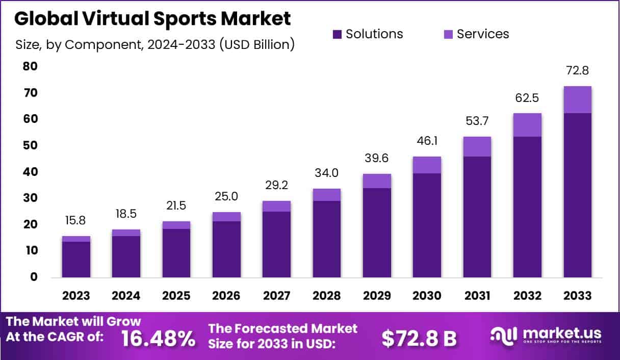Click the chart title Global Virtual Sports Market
tap(152, 18)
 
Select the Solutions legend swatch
tap(337, 34)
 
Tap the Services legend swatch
tap(448, 34)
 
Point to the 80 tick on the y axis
tap(30, 66)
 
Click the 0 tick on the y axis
tap(34, 277)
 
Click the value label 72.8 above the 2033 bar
tap(578, 71)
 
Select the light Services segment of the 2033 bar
tap(578, 99)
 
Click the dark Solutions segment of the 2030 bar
tap(427, 225)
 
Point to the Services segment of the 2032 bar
tap(527, 124)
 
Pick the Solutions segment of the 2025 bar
tap(176, 252)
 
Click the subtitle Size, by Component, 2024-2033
tap(154, 44)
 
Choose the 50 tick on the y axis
tap(30, 145)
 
